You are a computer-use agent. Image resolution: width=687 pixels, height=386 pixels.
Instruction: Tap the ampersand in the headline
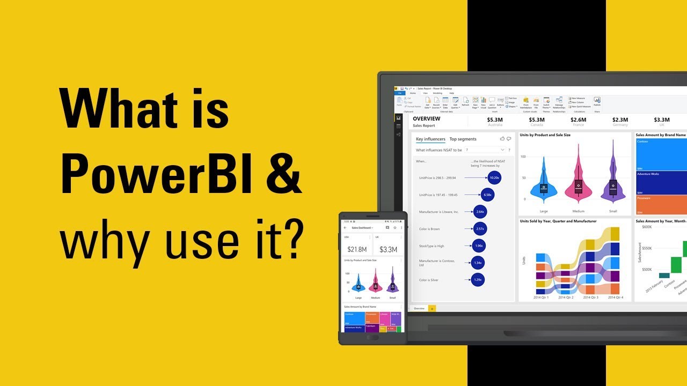[x=281, y=174]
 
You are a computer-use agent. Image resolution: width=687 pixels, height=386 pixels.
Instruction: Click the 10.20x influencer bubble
[x=495, y=177]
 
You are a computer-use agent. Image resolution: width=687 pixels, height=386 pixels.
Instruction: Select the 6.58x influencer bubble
[x=487, y=195]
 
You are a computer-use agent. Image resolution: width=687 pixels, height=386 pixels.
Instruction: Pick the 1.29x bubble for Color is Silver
[x=478, y=280]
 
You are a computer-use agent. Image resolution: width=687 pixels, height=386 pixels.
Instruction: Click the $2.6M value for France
[x=578, y=120]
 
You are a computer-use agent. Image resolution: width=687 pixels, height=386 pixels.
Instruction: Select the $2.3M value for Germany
[x=620, y=120]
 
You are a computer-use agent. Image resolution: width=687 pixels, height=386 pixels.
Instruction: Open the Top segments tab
[x=463, y=139]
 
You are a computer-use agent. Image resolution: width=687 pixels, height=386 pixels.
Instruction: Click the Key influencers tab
[x=430, y=139]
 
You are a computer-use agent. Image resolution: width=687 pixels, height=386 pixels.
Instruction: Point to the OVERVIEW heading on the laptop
[x=427, y=119]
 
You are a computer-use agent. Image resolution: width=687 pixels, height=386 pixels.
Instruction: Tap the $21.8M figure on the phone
[x=357, y=249]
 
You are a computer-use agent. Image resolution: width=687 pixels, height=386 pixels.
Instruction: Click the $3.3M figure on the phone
[x=388, y=249]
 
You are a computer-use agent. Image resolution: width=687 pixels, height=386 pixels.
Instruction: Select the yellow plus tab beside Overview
[x=432, y=309]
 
